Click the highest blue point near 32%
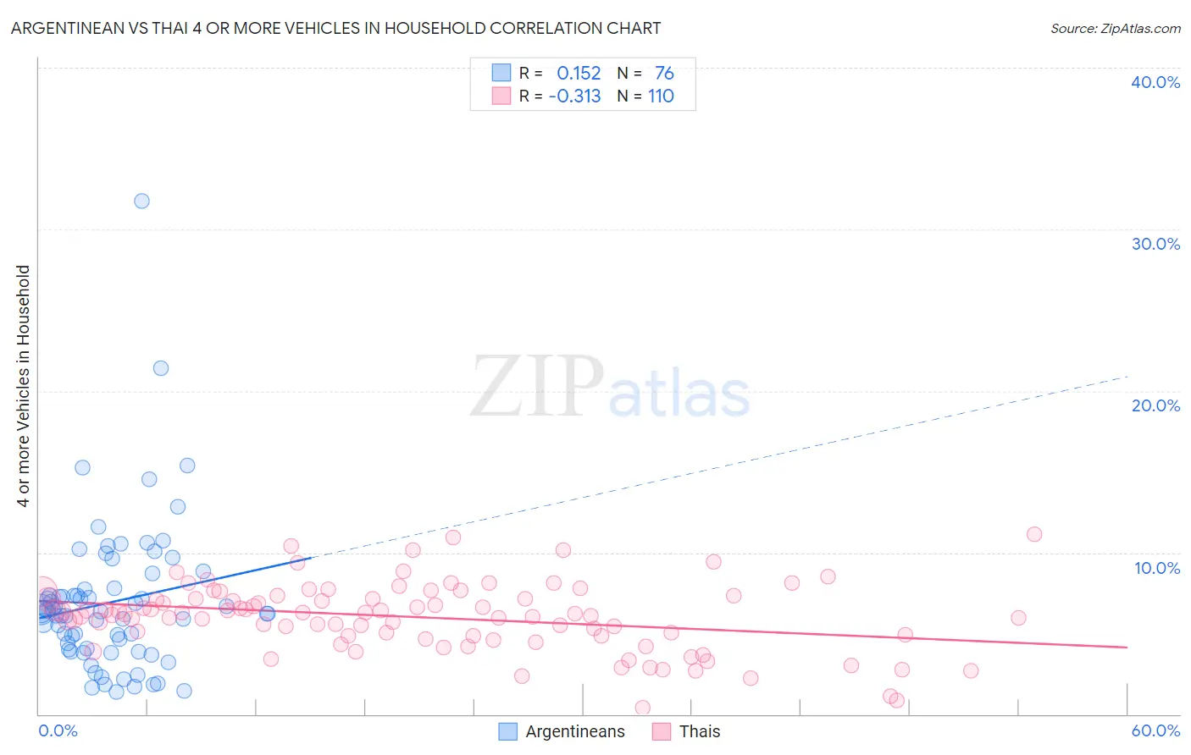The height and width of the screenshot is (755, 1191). click(141, 201)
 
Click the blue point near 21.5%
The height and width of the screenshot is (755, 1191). click(160, 368)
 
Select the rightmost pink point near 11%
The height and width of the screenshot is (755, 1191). click(1033, 534)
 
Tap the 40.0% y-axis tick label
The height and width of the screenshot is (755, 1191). click(1155, 82)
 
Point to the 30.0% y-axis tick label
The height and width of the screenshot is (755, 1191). click(1155, 244)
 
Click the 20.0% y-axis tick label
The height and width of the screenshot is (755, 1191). click(1155, 405)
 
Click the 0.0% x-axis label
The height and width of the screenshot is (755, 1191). click(58, 730)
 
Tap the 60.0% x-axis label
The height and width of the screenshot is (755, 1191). click(1155, 730)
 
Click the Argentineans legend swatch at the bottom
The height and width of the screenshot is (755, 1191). click(507, 732)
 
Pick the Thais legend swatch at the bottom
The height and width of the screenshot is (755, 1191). click(662, 732)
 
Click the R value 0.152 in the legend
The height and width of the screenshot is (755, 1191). click(579, 74)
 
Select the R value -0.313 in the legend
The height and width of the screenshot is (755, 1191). click(574, 96)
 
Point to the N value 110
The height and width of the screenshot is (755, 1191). click(661, 96)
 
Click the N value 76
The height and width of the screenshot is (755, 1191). click(664, 74)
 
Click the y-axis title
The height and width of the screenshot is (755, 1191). click(24, 386)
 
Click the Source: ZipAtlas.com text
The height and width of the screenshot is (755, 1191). click(1115, 28)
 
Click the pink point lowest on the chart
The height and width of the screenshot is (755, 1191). click(642, 708)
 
